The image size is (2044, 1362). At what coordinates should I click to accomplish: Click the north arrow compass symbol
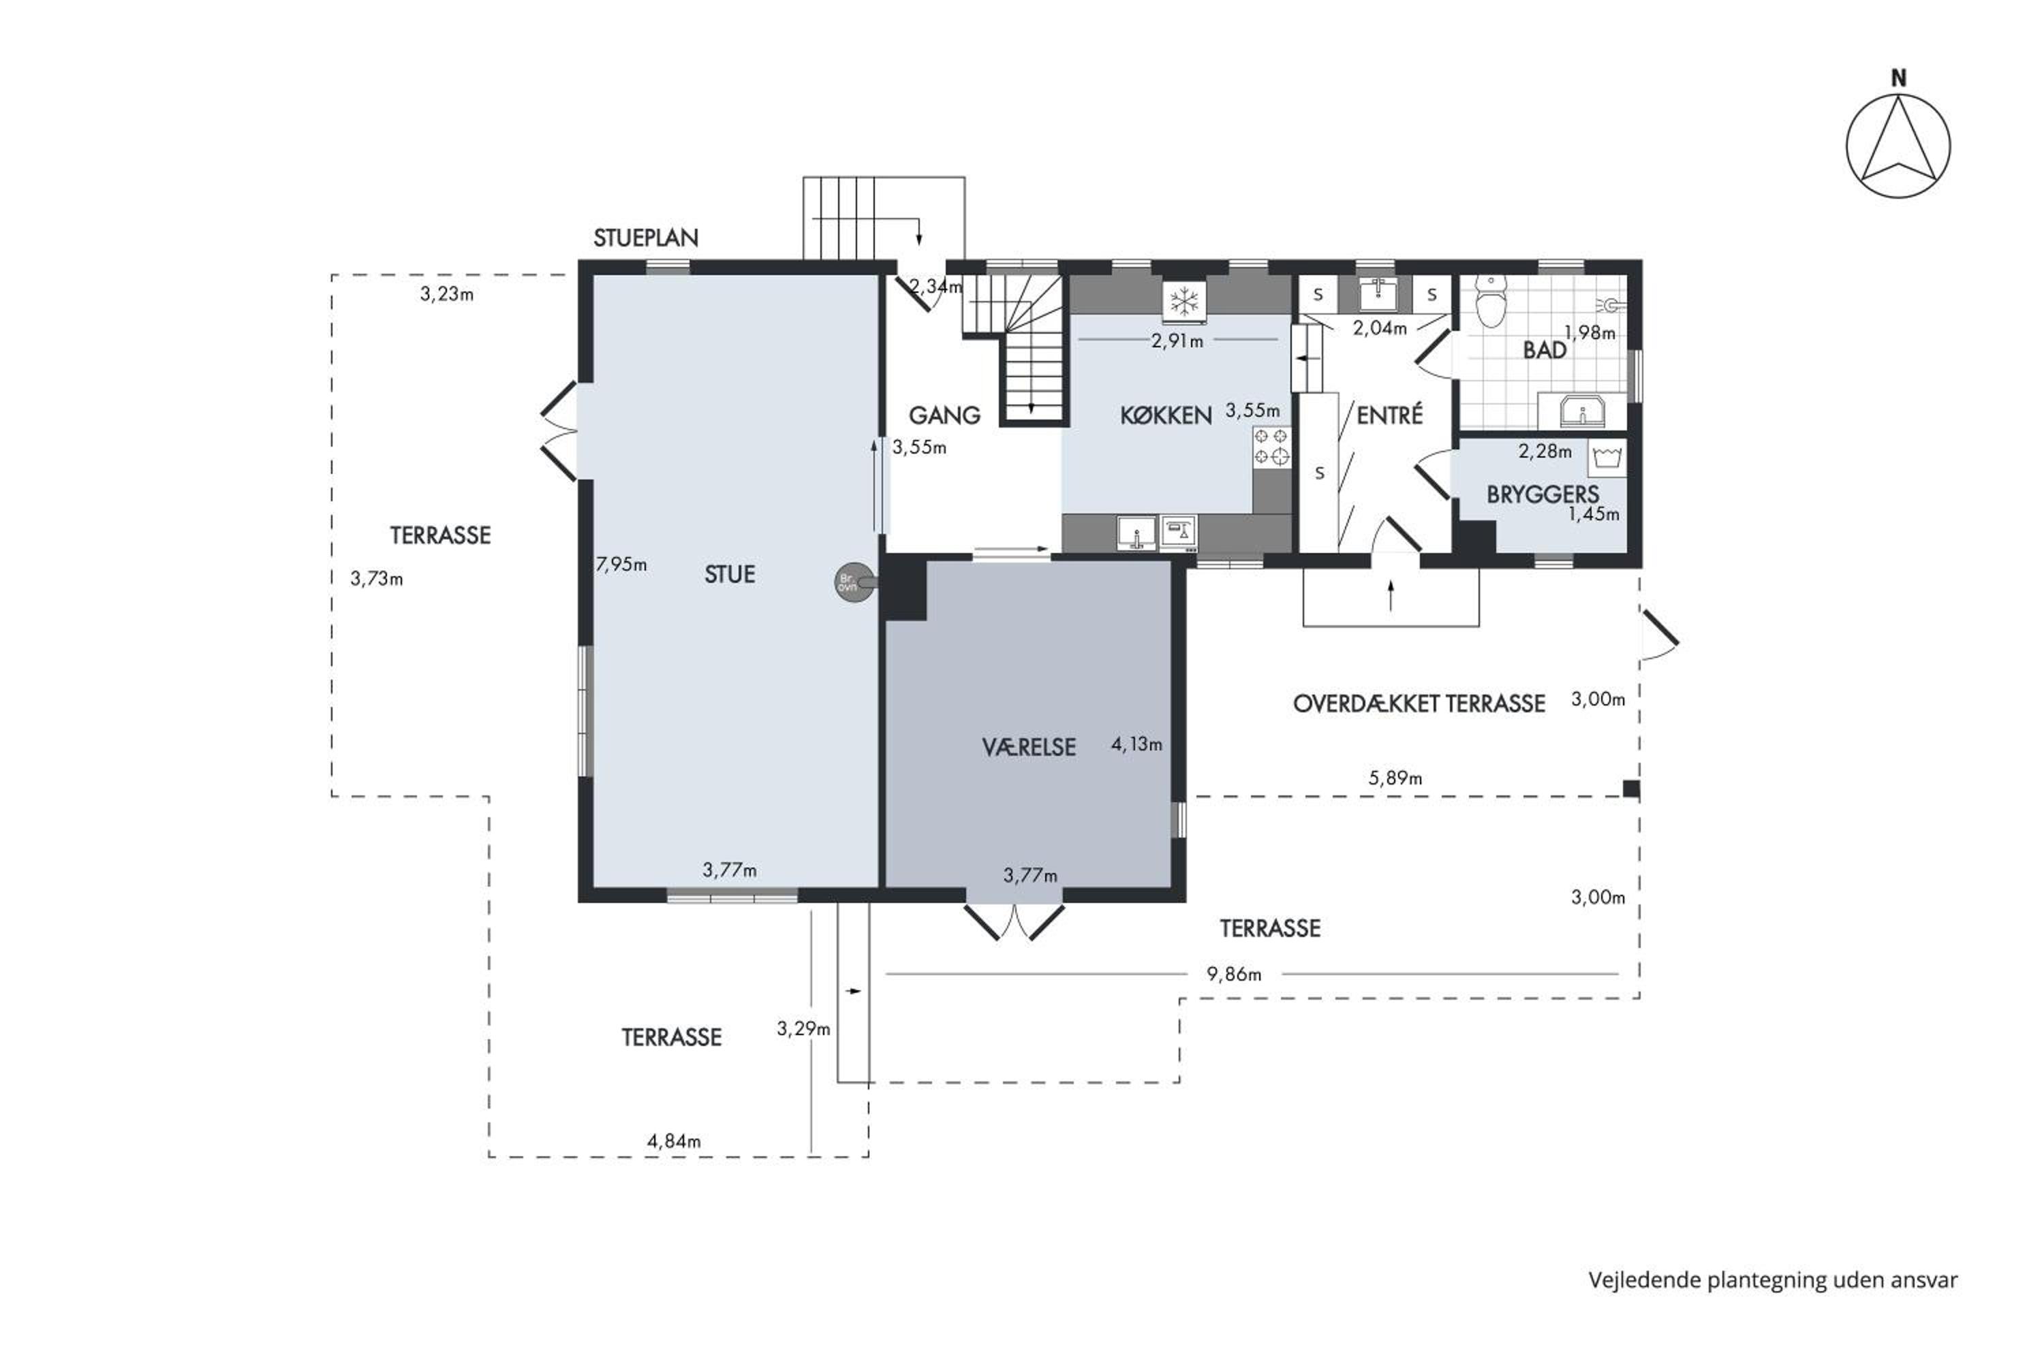(1898, 146)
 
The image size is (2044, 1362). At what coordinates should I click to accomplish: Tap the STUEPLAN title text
(646, 238)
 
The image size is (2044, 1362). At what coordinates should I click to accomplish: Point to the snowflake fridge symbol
(1183, 302)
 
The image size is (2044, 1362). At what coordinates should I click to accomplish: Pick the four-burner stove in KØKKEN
(1271, 447)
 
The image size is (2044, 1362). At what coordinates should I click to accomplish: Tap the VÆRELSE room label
(1029, 747)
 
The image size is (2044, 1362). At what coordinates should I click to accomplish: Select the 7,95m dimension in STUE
(621, 565)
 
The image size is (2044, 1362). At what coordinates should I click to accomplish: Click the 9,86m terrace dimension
(1233, 975)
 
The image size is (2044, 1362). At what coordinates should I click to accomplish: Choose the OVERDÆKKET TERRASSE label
(1419, 703)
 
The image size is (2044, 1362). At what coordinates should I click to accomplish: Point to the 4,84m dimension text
(674, 1141)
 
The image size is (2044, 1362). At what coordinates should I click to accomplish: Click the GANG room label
(944, 415)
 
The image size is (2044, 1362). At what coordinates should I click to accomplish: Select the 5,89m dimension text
(1395, 778)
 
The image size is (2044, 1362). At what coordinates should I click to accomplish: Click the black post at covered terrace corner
(1631, 789)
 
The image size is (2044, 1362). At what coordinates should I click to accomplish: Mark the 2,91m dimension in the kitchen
(1177, 341)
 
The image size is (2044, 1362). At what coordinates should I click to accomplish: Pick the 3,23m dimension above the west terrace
(447, 294)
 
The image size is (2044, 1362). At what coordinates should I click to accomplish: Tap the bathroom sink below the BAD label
(1581, 411)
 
